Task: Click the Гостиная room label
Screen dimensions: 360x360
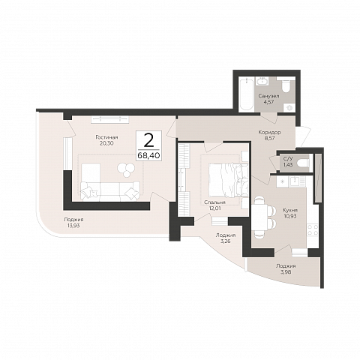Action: pyautogui.click(x=106, y=137)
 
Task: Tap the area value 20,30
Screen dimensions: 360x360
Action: pyautogui.click(x=106, y=143)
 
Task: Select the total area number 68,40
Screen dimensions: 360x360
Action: pyautogui.click(x=148, y=155)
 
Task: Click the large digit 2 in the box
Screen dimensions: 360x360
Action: pyautogui.click(x=148, y=141)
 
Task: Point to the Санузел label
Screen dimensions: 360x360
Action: pyautogui.click(x=269, y=96)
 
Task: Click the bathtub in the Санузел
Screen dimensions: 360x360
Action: pyautogui.click(x=247, y=94)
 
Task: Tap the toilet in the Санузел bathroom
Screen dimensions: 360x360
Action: pyautogui.click(x=285, y=85)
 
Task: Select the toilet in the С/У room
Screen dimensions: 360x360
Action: pyautogui.click(x=303, y=162)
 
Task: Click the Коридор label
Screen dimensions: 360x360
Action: pyautogui.click(x=269, y=132)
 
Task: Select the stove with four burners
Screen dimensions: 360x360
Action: pyautogui.click(x=312, y=229)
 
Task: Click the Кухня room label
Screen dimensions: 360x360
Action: pyautogui.click(x=290, y=211)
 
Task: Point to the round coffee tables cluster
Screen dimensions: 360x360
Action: pyautogui.click(x=124, y=169)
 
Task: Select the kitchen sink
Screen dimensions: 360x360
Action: pyautogui.click(x=295, y=182)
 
